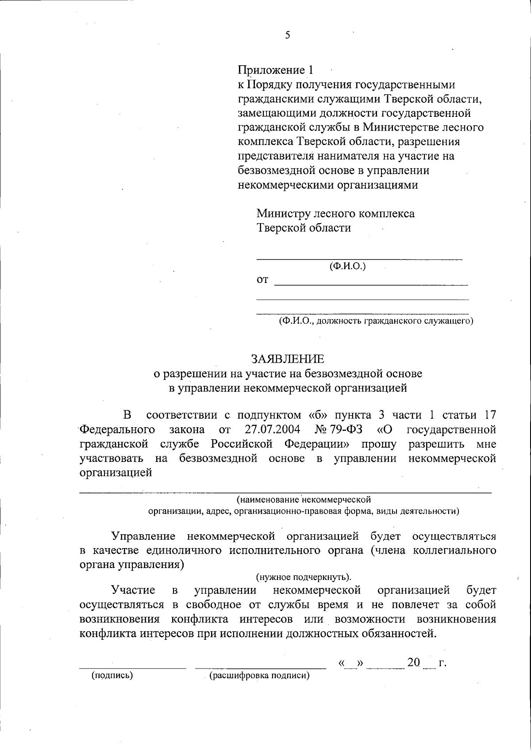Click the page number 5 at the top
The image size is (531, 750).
pos(288,35)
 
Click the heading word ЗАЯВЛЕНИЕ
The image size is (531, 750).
pos(288,358)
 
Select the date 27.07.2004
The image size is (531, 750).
pos(272,429)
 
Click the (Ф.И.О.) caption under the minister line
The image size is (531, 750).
pos(347,266)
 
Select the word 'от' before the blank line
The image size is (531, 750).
pos(262,280)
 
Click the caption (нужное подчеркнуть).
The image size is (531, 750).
pos(304,577)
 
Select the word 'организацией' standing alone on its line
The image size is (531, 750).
pos(116,472)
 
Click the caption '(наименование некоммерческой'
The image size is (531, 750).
pos(304,500)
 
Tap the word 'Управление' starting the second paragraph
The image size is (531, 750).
pos(143,537)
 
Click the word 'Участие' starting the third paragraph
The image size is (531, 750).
pos(133,590)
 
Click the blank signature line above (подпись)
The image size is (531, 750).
pos(133,668)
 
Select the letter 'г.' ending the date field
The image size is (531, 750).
pos(442,663)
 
